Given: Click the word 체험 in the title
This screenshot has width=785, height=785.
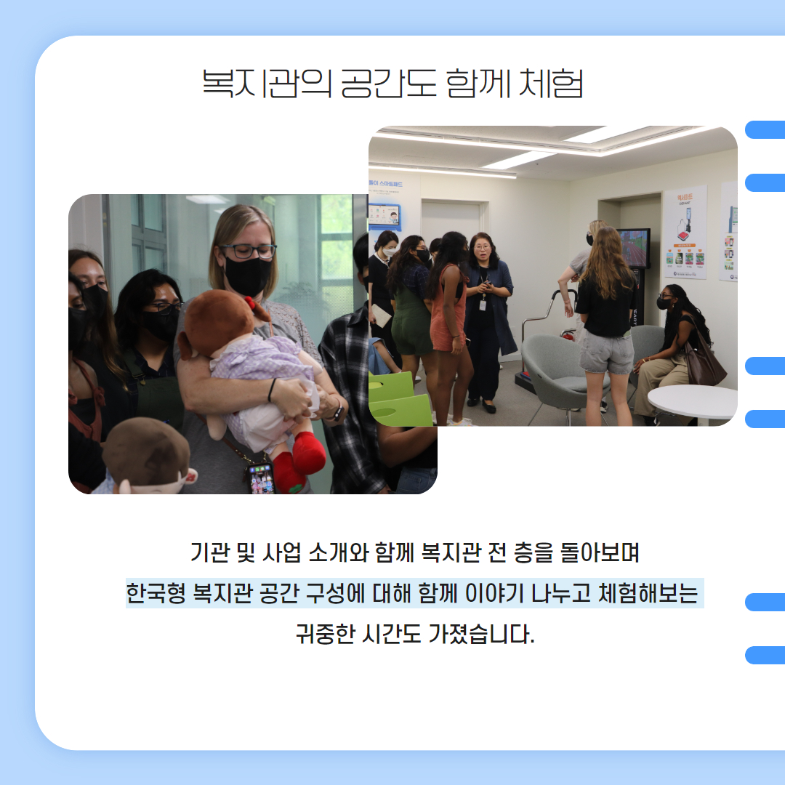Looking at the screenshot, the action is [551, 83].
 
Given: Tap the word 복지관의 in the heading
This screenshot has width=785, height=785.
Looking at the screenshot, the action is [267, 83].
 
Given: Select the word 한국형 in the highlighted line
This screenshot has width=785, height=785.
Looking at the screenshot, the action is [156, 593].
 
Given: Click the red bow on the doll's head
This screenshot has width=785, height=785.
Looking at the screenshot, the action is [257, 308].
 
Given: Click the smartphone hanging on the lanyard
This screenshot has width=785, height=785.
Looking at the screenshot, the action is [260, 478].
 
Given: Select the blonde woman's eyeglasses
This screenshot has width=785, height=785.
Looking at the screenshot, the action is [248, 251].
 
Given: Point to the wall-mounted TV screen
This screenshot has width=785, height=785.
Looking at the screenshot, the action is [634, 248].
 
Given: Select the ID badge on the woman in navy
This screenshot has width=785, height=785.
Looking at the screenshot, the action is [483, 305].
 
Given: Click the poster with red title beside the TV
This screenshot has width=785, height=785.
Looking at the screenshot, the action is [685, 233].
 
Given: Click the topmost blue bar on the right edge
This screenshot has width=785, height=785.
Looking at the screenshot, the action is [765, 129].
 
